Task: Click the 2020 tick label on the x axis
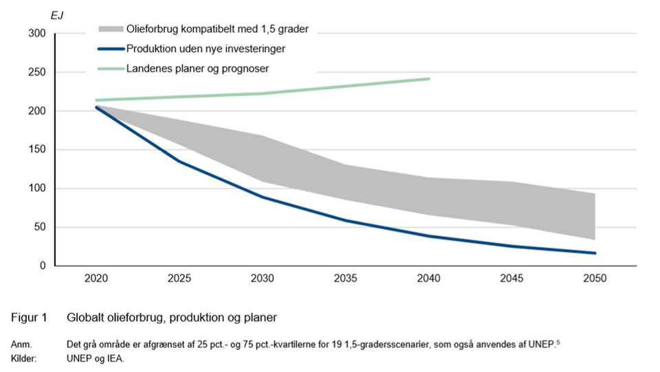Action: tap(97, 279)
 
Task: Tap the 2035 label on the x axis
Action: tap(346, 279)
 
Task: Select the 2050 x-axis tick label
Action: tap(595, 279)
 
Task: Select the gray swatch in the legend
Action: tap(110, 29)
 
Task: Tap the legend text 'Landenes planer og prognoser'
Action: tap(197, 69)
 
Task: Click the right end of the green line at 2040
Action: tap(429, 79)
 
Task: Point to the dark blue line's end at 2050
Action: tap(595, 253)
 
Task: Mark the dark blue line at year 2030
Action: tap(263, 198)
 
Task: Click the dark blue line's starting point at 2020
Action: tap(97, 107)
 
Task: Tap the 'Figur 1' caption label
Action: tap(28, 318)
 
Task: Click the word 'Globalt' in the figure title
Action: tap(85, 318)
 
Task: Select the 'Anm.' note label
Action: tap(21, 344)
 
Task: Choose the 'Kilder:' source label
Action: tap(23, 358)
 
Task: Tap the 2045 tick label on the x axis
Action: tap(511, 279)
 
